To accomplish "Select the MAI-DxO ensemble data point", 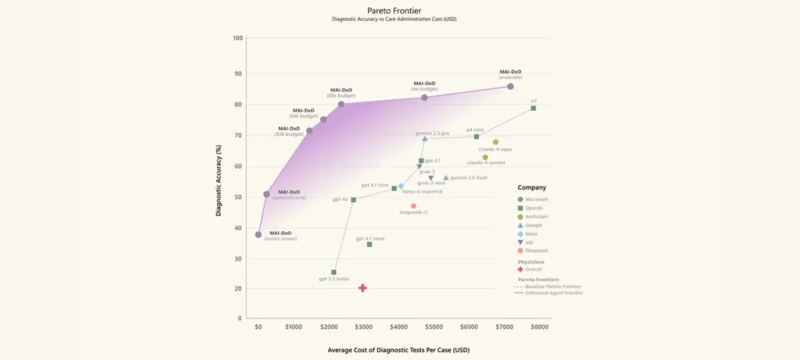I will pyautogui.click(x=510, y=87).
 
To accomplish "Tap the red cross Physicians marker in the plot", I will pyautogui.click(x=362, y=288).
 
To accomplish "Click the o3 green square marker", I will pyautogui.click(x=533, y=108).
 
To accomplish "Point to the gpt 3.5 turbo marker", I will pyautogui.click(x=334, y=272).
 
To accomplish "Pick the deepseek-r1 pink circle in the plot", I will pyautogui.click(x=413, y=206).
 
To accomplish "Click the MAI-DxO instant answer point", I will pyautogui.click(x=259, y=234).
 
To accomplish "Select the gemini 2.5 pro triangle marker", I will pyautogui.click(x=424, y=139).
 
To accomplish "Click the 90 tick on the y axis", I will pyautogui.click(x=238, y=73).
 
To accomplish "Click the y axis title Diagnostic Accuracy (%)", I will pyautogui.click(x=220, y=178).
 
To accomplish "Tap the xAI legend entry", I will pyautogui.click(x=534, y=242).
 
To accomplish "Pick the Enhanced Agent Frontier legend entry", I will pyautogui.click(x=553, y=294).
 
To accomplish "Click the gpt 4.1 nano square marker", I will pyautogui.click(x=370, y=244).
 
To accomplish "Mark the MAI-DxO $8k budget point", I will pyautogui.click(x=341, y=104).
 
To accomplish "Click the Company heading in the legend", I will pyautogui.click(x=532, y=187).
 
